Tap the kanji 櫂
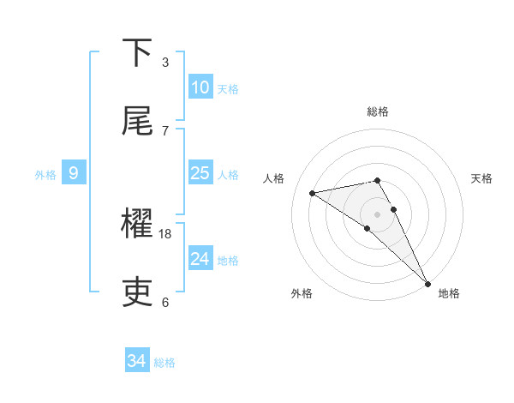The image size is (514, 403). pos(138,225)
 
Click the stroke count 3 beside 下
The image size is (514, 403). pos(165,63)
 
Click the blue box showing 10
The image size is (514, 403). pos(200,87)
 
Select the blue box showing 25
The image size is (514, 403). pos(200,173)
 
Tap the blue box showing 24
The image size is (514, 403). pos(200,259)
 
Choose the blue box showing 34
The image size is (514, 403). pos(137,361)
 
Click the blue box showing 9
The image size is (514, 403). pos(74,173)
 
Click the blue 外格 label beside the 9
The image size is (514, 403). pos(45,174)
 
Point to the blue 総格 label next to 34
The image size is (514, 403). pos(164,363)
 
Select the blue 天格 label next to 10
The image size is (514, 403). pos(228,88)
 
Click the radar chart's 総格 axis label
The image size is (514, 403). pos(378,111)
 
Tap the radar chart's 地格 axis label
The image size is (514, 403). pos(449,293)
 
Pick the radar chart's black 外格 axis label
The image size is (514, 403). pos(302,293)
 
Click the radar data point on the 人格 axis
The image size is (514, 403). pos(313,193)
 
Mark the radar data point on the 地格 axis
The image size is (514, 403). pos(427,283)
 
